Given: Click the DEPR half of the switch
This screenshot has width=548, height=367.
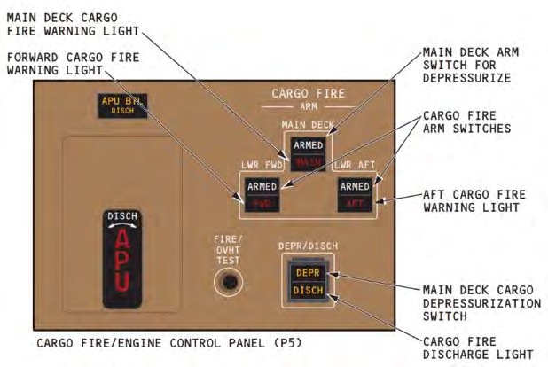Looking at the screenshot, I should tap(308, 274).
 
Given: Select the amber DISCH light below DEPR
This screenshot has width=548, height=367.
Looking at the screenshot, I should tap(308, 292).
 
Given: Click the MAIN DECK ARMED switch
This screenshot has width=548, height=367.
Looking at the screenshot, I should tap(305, 152).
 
